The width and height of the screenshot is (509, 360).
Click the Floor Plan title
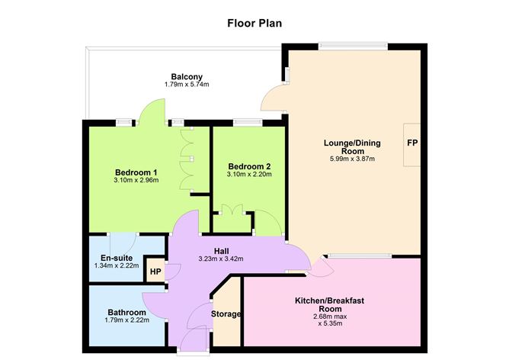[254, 23]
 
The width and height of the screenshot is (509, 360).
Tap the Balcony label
[186, 76]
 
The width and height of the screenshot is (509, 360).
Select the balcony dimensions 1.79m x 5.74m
[186, 85]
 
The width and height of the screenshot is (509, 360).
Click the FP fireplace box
[411, 143]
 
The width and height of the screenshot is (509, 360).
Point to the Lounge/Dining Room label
[352, 147]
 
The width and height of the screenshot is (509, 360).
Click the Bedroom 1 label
[136, 172]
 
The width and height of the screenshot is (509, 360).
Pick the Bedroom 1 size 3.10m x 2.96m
[136, 181]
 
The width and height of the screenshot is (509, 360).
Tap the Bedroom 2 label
[249, 166]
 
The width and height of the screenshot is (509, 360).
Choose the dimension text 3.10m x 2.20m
[249, 175]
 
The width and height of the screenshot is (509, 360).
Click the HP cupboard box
[155, 272]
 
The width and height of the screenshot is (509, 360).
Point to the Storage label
[226, 314]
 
